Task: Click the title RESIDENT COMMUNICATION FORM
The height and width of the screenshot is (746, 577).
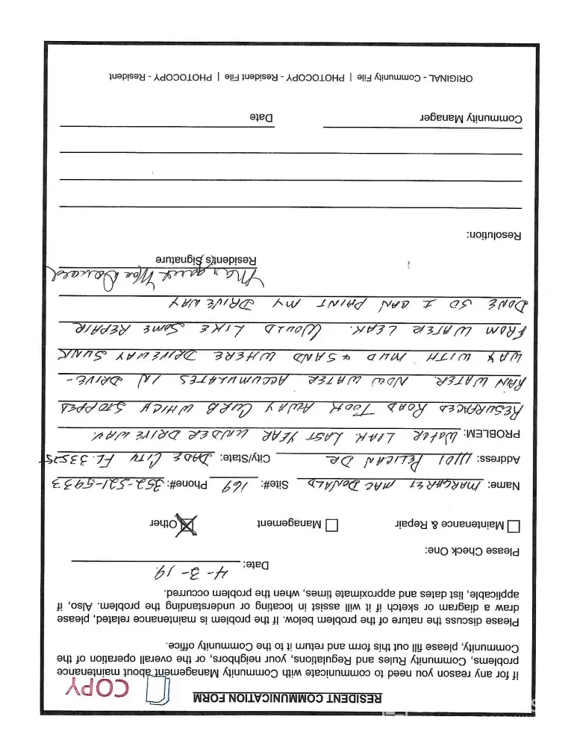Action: pos(287,698)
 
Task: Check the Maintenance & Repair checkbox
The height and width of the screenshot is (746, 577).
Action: pos(514,526)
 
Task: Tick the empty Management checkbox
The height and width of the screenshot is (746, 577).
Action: pos(332,525)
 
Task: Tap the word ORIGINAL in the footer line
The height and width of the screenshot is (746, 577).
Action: pos(449,77)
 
